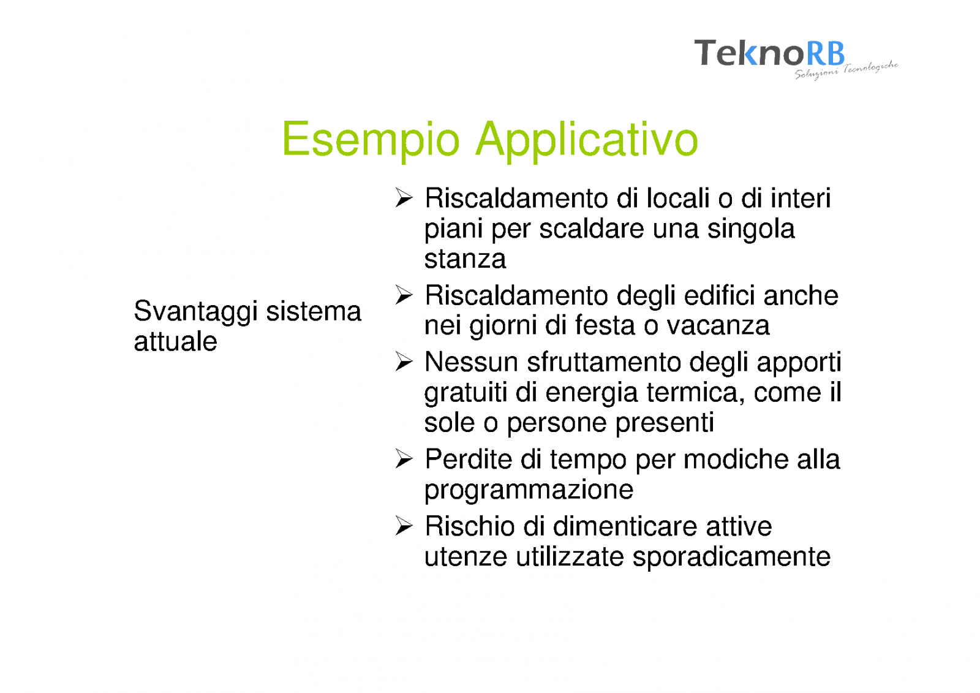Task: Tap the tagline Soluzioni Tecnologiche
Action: click(846, 70)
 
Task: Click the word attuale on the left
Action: click(175, 341)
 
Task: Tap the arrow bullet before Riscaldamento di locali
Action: click(404, 198)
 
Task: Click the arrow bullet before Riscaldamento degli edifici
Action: click(404, 295)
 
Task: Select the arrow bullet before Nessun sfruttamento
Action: click(404, 362)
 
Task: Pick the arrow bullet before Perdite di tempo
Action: click(404, 459)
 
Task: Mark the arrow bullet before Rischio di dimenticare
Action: click(404, 525)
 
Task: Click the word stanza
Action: click(465, 260)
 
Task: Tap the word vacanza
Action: click(718, 326)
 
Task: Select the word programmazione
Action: click(529, 490)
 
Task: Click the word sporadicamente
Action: click(731, 558)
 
